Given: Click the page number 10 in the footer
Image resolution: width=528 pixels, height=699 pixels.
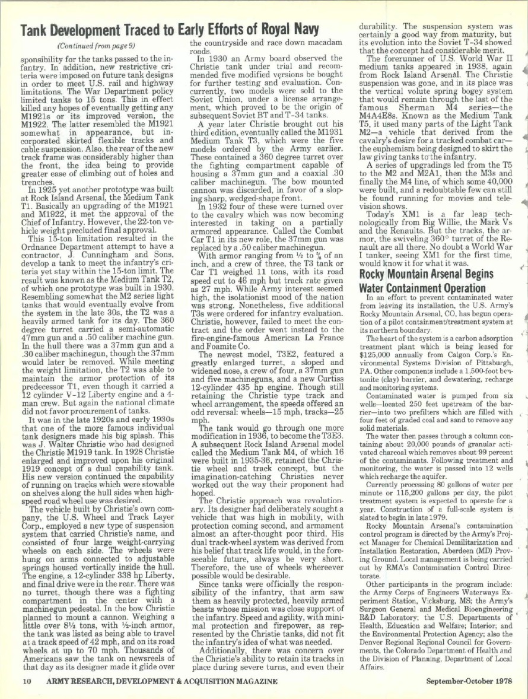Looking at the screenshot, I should tap(26, 681).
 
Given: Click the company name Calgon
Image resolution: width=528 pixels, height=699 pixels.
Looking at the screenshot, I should tap(450, 347).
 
